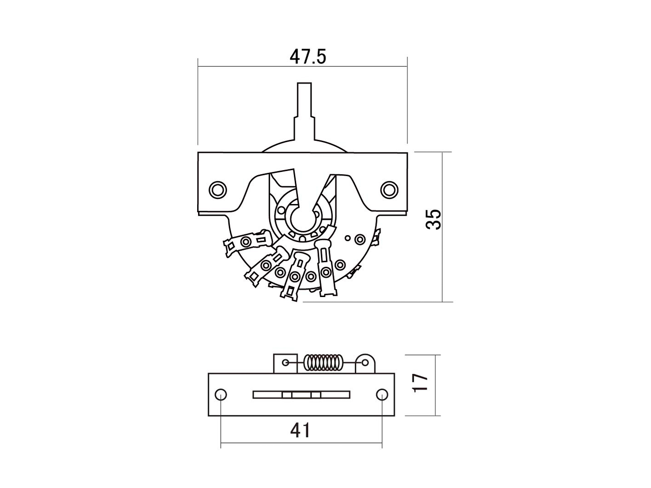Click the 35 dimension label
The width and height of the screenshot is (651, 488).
coord(433,219)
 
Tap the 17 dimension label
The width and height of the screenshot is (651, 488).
coord(420,383)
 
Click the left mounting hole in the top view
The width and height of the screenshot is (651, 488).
coord(218,190)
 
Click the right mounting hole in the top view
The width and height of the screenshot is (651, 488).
coord(389,190)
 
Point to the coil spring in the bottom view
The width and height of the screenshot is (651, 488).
coord(324,363)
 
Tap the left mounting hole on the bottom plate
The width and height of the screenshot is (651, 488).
coord(221,395)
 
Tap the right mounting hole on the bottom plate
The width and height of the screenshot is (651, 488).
coord(382,395)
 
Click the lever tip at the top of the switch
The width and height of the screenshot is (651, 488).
coord(304,84)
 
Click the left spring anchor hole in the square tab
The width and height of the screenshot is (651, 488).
coord(286,363)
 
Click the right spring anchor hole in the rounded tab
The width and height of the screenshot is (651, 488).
coord(365,363)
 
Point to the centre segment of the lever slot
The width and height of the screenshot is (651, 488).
coord(302,395)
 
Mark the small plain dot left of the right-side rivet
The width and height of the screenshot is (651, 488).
coord(348,238)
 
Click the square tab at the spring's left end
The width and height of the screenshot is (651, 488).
coord(286,363)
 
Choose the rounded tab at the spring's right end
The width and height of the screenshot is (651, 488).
coord(365,363)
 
